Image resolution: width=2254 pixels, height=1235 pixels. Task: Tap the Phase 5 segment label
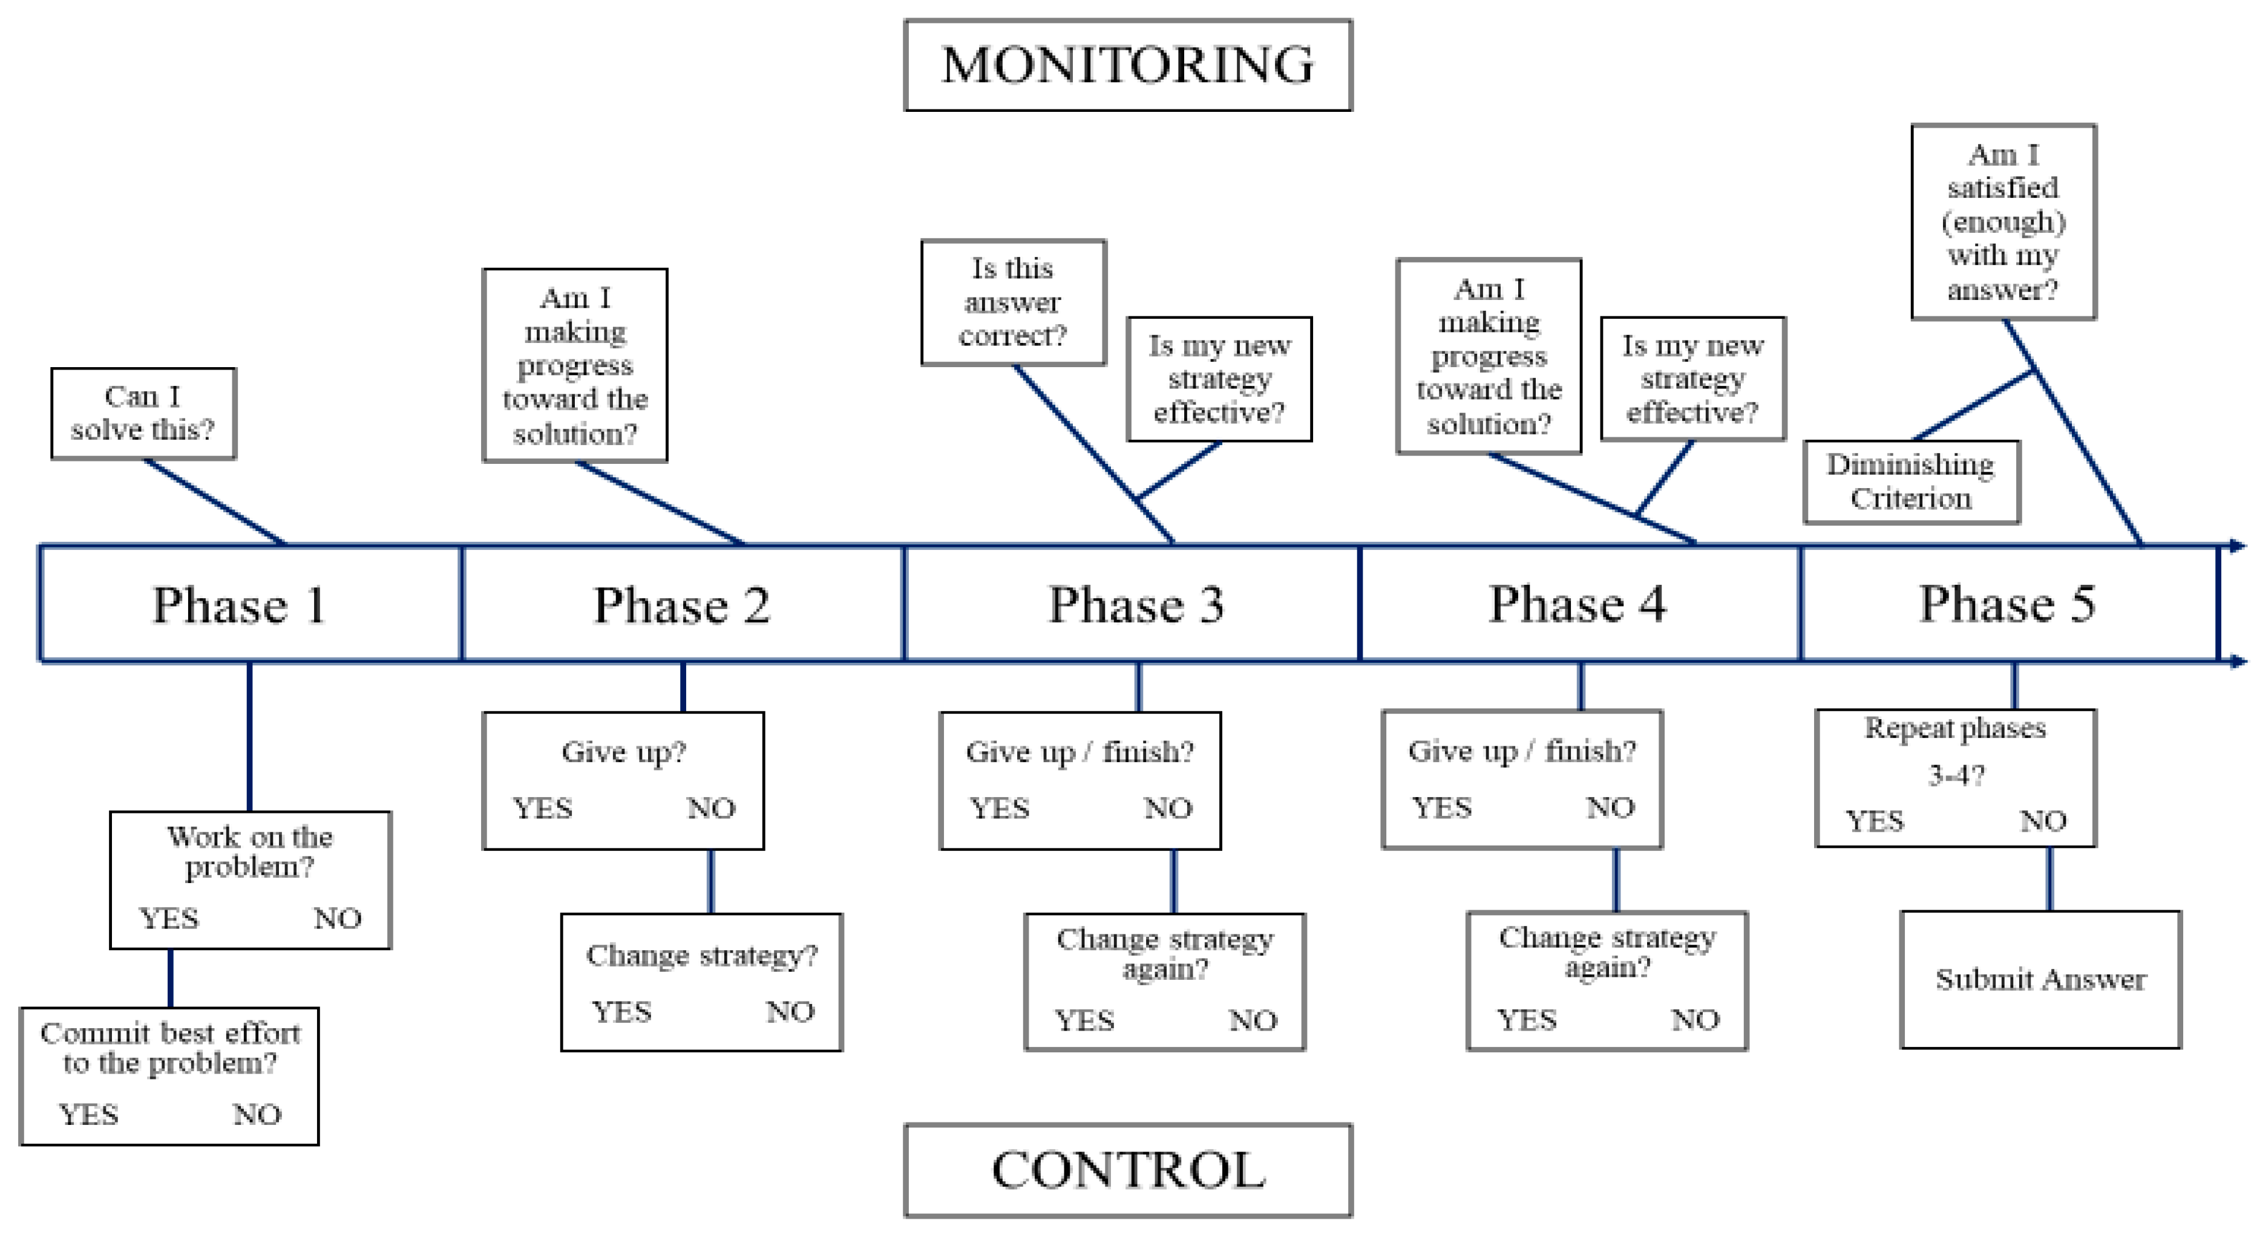pyautogui.click(x=2007, y=604)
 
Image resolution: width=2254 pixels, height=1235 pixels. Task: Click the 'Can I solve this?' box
pyautogui.click(x=143, y=413)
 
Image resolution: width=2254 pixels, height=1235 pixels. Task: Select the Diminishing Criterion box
pyautogui.click(x=1911, y=481)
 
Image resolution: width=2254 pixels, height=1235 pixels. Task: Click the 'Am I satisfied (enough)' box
pyautogui.click(x=2002, y=221)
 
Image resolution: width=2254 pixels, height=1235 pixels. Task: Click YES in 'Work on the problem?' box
pyautogui.click(x=169, y=918)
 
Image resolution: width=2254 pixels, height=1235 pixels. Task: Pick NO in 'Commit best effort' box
pyautogui.click(x=257, y=1114)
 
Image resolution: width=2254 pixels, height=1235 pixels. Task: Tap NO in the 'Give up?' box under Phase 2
pyautogui.click(x=710, y=808)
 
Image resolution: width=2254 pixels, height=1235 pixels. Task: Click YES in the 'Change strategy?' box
pyautogui.click(x=621, y=1012)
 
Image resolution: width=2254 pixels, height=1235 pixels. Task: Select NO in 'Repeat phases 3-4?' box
pyautogui.click(x=2042, y=821)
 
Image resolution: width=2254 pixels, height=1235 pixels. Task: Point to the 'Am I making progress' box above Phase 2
pyautogui.click(x=574, y=365)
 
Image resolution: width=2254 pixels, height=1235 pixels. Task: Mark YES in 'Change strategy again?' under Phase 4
pyautogui.click(x=1526, y=1020)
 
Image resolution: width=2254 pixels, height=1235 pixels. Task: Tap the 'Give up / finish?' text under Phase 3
pyautogui.click(x=1079, y=751)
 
